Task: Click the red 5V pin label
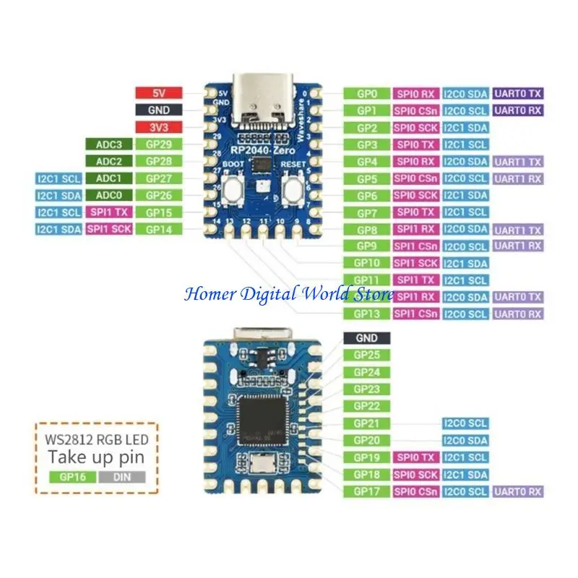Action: coord(159,93)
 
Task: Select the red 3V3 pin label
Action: coord(159,127)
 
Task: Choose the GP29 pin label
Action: coord(159,144)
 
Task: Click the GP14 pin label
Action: coord(159,229)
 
